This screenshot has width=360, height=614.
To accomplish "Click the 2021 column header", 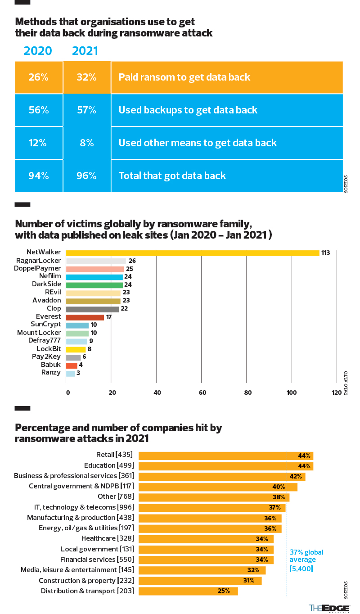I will pos(85,51).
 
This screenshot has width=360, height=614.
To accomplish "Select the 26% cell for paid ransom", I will pos(38,77).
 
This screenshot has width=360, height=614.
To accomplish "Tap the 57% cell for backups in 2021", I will pos(87,110).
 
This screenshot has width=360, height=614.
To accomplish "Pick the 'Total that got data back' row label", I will pos(172,176).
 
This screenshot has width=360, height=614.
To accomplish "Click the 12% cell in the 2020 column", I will pos(38,143).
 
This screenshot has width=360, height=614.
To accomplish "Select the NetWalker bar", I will pos(193,253).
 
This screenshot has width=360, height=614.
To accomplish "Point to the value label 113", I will pos(325,253).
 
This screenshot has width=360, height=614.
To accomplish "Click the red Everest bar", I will pos(85,317).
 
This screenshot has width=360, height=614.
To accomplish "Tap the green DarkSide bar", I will pos(94,284).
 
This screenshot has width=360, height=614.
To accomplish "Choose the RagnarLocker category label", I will pos(38,260).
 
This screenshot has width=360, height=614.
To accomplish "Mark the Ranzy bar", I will pos(70,373).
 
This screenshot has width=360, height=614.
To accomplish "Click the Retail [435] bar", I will pos(225,456).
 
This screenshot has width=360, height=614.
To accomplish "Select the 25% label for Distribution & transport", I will pos(224,591).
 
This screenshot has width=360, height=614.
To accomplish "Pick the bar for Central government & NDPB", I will pos(218,487).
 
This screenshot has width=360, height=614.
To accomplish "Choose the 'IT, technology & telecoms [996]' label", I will pos(84,507).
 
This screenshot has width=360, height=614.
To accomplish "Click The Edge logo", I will pos(329,608).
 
